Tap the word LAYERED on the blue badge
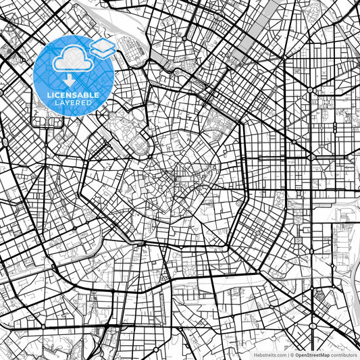pyautogui.click(x=74, y=103)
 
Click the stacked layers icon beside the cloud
pyautogui.click(x=102, y=48)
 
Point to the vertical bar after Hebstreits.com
pyautogui.click(x=287, y=355)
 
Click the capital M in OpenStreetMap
pyautogui.click(x=321, y=355)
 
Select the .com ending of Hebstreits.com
pyautogui.click(x=278, y=355)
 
